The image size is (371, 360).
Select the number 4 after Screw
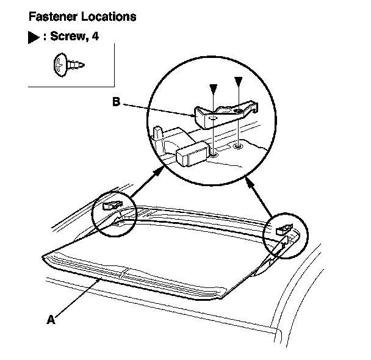[x=95, y=37]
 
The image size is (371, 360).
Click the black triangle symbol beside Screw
[x=34, y=38]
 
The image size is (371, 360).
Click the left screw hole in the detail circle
[x=215, y=153]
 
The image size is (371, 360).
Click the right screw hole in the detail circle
[x=238, y=146]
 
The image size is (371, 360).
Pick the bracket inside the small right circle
[x=284, y=229]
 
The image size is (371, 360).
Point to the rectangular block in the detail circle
[x=193, y=154]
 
